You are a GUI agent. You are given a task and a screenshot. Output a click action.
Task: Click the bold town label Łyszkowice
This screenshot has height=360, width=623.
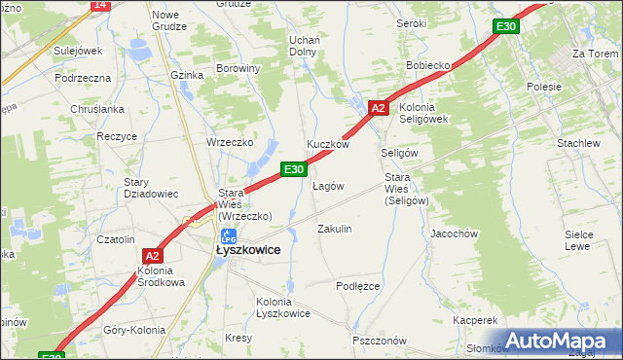click(248, 250)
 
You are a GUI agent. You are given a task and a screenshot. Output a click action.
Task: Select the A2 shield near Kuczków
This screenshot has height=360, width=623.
click(380, 108)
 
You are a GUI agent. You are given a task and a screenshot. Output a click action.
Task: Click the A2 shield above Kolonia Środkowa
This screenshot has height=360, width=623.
click(152, 256)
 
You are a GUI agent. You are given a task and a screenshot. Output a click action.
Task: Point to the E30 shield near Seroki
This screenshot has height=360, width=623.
click(504, 26)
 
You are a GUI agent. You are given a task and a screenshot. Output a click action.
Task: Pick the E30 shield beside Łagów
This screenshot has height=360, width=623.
click(295, 169)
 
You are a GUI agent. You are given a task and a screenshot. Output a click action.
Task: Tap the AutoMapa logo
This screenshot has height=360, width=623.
click(563, 341)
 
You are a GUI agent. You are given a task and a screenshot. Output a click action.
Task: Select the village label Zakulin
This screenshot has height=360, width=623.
click(335, 229)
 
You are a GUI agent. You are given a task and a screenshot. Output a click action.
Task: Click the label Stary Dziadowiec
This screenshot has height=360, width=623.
click(151, 188)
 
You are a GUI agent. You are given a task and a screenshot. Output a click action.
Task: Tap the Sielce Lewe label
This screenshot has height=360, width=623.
click(578, 240)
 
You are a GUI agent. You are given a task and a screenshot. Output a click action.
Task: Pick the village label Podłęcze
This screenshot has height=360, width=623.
click(357, 286)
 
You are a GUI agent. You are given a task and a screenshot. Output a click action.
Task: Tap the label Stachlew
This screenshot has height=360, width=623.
click(578, 143)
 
